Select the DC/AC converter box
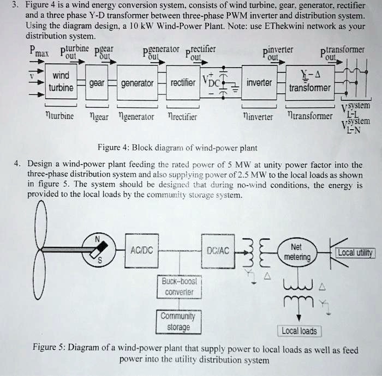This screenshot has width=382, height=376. (x=218, y=250)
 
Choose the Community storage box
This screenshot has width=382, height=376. (x=178, y=322)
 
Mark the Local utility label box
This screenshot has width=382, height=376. (x=355, y=252)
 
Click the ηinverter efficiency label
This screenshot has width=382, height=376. (x=259, y=116)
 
